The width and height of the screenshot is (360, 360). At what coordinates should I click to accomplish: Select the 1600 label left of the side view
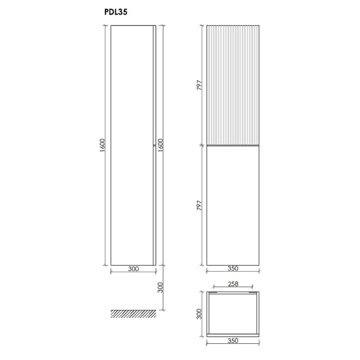(102, 145)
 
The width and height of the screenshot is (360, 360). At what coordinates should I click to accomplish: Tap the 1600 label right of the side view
(160, 145)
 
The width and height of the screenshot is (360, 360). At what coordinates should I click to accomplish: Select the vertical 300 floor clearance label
(160, 287)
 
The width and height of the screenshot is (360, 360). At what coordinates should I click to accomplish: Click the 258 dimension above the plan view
(233, 284)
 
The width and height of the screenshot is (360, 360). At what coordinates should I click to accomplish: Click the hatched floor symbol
(133, 313)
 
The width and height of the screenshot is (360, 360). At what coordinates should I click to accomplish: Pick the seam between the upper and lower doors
(233, 146)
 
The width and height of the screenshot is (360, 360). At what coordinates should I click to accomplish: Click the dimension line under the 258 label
(233, 289)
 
